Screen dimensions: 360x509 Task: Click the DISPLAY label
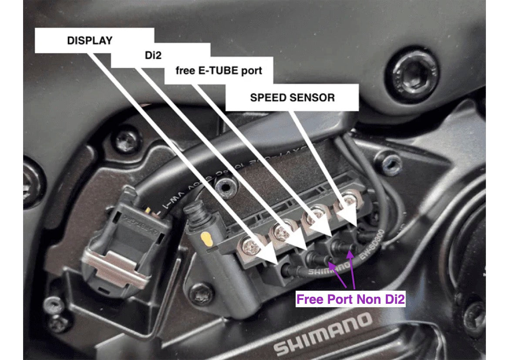click(90, 41)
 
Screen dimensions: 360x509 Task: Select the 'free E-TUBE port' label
click(219, 71)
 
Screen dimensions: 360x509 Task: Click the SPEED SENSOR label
click(292, 97)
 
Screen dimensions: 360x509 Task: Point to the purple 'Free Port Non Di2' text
click(350, 299)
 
